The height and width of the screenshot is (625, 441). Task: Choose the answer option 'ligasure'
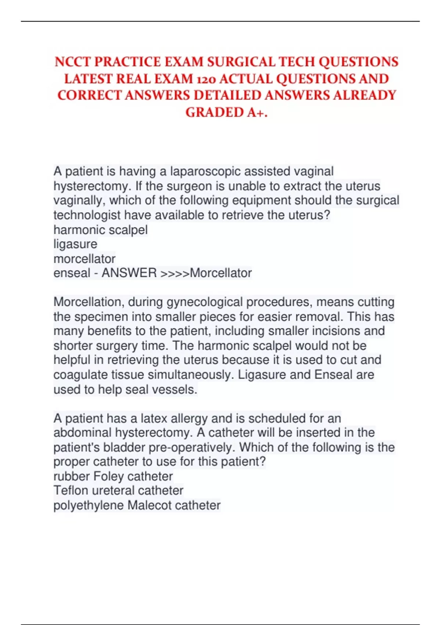[x=75, y=244]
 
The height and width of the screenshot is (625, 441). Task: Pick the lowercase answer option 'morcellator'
[x=85, y=259]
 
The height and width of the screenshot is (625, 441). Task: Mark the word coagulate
[x=81, y=375]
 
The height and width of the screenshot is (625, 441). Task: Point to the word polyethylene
[x=89, y=506]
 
